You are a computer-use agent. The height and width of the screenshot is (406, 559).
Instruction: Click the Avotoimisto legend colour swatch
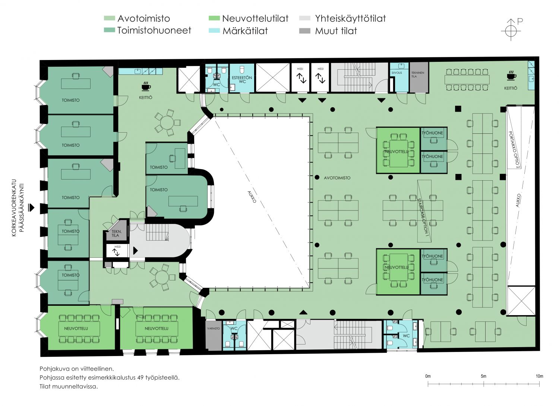pyautogui.click(x=109, y=18)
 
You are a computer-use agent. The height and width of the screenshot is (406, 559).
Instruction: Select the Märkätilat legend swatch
pyautogui.click(x=214, y=31)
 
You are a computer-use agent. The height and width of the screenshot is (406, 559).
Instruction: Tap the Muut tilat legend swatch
pyautogui.click(x=305, y=31)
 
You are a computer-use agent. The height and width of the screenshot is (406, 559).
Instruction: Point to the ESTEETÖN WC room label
pyautogui.click(x=242, y=80)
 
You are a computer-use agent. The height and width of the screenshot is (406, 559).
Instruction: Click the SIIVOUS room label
pyautogui.click(x=397, y=73)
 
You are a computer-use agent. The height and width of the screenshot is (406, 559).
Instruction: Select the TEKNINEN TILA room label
pyautogui.click(x=418, y=74)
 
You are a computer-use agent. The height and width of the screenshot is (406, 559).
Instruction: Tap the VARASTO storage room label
pyautogui.click(x=214, y=329)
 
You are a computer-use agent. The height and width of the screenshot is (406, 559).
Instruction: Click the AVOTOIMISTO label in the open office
pyautogui.click(x=337, y=178)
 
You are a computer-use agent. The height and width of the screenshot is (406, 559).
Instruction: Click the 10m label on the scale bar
pyautogui.click(x=539, y=376)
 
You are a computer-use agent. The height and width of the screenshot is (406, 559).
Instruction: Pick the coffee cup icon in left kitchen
pyautogui.click(x=146, y=86)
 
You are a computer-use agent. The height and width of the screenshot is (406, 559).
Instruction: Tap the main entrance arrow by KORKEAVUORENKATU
pyautogui.click(x=31, y=207)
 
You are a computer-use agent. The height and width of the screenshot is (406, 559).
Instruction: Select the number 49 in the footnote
pyautogui.click(x=140, y=377)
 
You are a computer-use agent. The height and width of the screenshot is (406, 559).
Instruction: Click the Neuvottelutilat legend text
pyautogui.click(x=255, y=18)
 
